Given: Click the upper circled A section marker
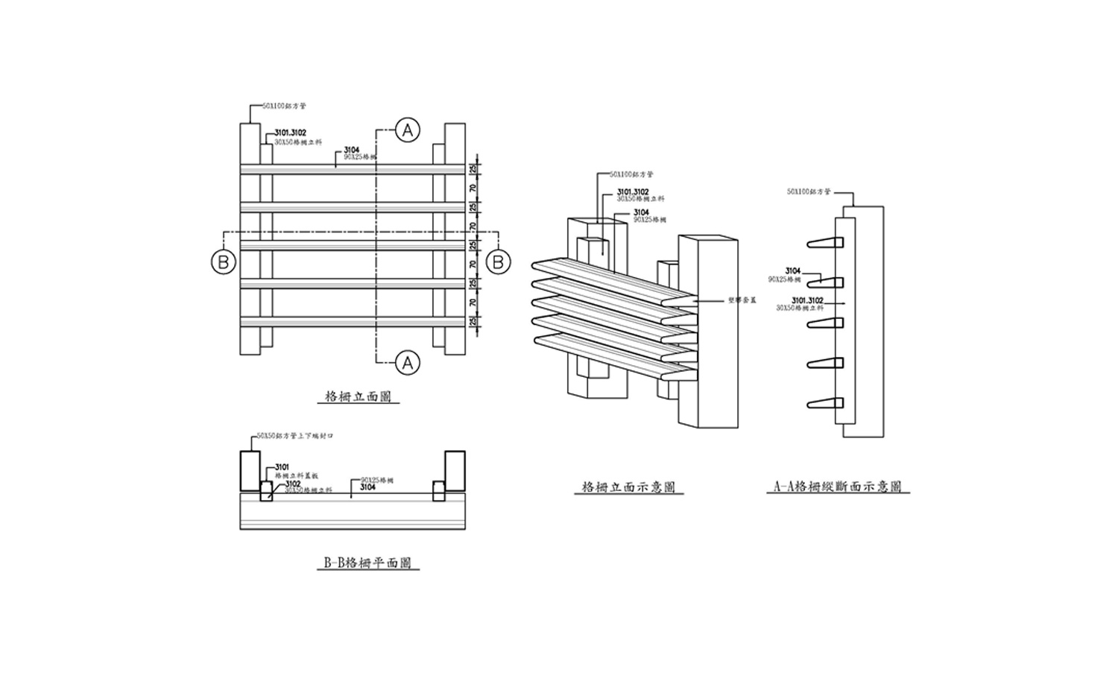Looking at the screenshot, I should (407, 130).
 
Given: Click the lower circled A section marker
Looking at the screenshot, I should (407, 363).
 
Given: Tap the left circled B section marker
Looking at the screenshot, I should (223, 262).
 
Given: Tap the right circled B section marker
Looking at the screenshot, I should (499, 262).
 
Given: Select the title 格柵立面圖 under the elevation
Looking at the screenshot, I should (359, 397).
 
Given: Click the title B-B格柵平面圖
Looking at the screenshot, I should (367, 564).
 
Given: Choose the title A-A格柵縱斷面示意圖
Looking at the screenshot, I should (838, 488).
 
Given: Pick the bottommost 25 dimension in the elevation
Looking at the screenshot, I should (473, 322).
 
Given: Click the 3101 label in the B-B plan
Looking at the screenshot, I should (282, 467).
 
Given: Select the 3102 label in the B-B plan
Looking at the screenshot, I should (293, 484).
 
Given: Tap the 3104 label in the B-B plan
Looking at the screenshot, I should (367, 487).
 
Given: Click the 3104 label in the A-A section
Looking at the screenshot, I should (792, 271).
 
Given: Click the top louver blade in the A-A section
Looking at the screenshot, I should (824, 244).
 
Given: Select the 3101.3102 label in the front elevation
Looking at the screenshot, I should (290, 133).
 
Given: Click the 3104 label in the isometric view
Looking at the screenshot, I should (641, 213).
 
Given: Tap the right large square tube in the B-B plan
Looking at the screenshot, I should (454, 471).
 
